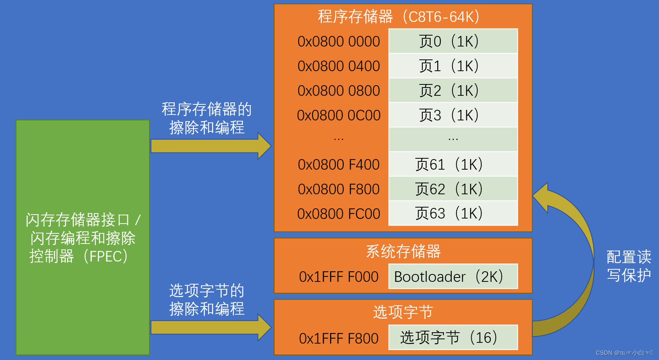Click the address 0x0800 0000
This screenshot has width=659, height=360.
pos(339,41)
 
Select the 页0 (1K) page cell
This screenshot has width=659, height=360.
pos(453,41)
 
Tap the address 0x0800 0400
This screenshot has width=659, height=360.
pos(339,66)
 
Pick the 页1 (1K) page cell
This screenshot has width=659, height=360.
pos(453,66)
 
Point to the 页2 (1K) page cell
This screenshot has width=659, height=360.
pos(453,90)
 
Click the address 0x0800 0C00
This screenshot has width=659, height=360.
pos(339,115)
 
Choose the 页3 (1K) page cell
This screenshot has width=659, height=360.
pos(453,115)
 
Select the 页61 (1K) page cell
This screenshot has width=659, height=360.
pos(453,164)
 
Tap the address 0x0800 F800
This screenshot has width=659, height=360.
pos(339,189)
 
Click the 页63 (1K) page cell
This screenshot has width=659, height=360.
pos(453,213)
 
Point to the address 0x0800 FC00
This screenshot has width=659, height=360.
pos(339,214)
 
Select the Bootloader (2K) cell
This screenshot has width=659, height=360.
pos(453,276)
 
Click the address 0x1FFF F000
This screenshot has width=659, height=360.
pos(339,277)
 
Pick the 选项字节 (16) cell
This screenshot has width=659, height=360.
pos(453,337)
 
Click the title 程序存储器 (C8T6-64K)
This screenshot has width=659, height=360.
pos(399,17)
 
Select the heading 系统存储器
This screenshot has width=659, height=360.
pos(403,251)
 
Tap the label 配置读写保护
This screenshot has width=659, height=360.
pos(629,266)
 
